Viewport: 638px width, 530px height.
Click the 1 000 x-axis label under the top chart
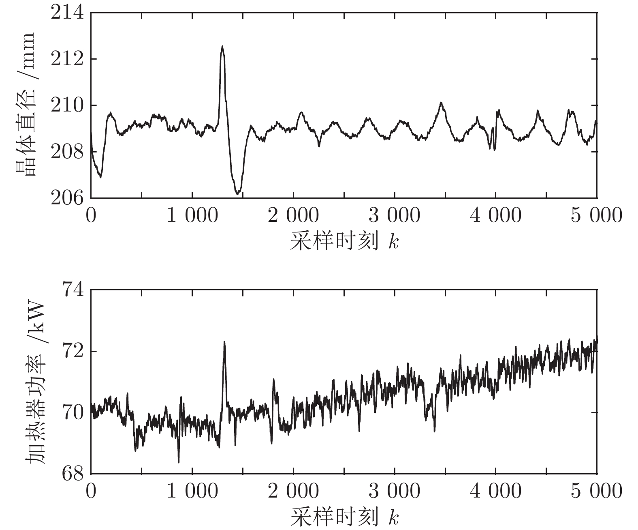click(x=192, y=215)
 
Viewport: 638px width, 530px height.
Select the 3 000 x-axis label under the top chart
click(x=395, y=215)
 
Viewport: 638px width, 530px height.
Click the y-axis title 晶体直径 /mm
click(x=25, y=105)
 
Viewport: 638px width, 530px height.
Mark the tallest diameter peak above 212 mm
click(x=222, y=47)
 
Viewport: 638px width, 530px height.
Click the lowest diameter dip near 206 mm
click(x=238, y=193)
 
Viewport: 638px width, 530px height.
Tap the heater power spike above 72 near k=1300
click(x=224, y=342)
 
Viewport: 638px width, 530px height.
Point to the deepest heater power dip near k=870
click(x=179, y=461)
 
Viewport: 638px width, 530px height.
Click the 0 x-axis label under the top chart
click(x=91, y=215)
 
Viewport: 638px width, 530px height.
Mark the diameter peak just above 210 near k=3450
click(x=441, y=103)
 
